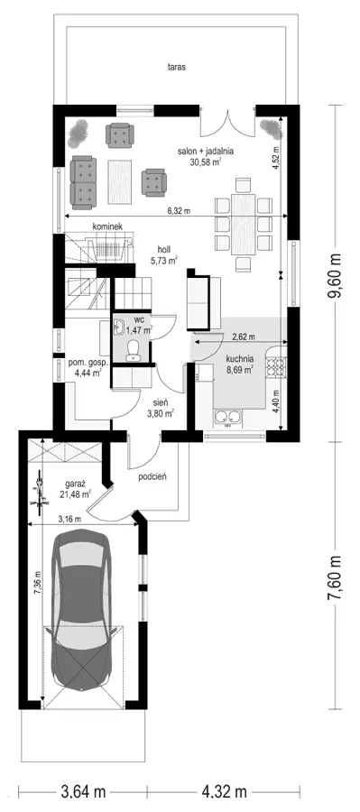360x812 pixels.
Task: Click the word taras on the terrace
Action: point(177,67)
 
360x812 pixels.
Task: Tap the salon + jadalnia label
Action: point(206,152)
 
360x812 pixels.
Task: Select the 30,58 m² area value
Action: point(207,161)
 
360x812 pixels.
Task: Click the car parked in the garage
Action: point(85,610)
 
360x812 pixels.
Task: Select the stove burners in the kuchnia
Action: point(275,366)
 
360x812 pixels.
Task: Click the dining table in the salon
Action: point(243,225)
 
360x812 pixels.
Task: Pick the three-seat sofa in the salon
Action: point(84,181)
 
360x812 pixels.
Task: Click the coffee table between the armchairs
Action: point(122,181)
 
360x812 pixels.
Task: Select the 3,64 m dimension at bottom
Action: point(83,792)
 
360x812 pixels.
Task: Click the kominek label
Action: point(106,226)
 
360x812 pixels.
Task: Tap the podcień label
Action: point(152,477)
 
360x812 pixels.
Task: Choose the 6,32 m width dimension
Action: point(179,211)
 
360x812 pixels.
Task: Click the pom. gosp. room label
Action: point(85,363)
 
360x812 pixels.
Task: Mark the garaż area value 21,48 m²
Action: point(76,494)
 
